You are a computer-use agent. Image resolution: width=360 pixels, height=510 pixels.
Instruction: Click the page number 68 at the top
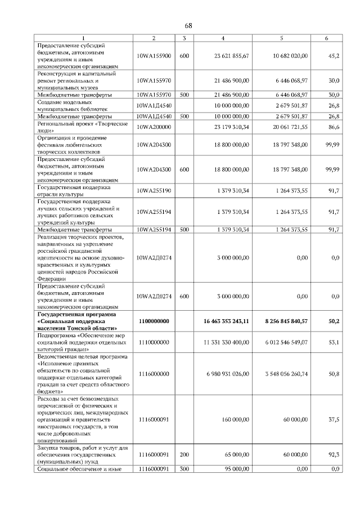(x=188, y=26)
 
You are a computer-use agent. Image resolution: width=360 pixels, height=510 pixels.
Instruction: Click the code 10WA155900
(x=154, y=56)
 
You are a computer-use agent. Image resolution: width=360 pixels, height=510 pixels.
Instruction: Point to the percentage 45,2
(x=334, y=56)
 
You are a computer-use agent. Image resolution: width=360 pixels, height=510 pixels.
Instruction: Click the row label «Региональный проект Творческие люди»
(x=82, y=127)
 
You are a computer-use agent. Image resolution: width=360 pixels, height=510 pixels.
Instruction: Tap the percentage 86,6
(x=334, y=127)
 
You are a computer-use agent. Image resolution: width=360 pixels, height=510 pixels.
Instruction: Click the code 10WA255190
(x=154, y=190)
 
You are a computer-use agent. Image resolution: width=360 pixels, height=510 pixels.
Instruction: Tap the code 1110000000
(x=154, y=342)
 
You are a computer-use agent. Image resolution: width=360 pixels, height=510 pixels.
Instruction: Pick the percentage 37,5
(x=334, y=419)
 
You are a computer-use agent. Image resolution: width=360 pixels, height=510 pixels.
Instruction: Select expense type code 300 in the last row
(x=184, y=468)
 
